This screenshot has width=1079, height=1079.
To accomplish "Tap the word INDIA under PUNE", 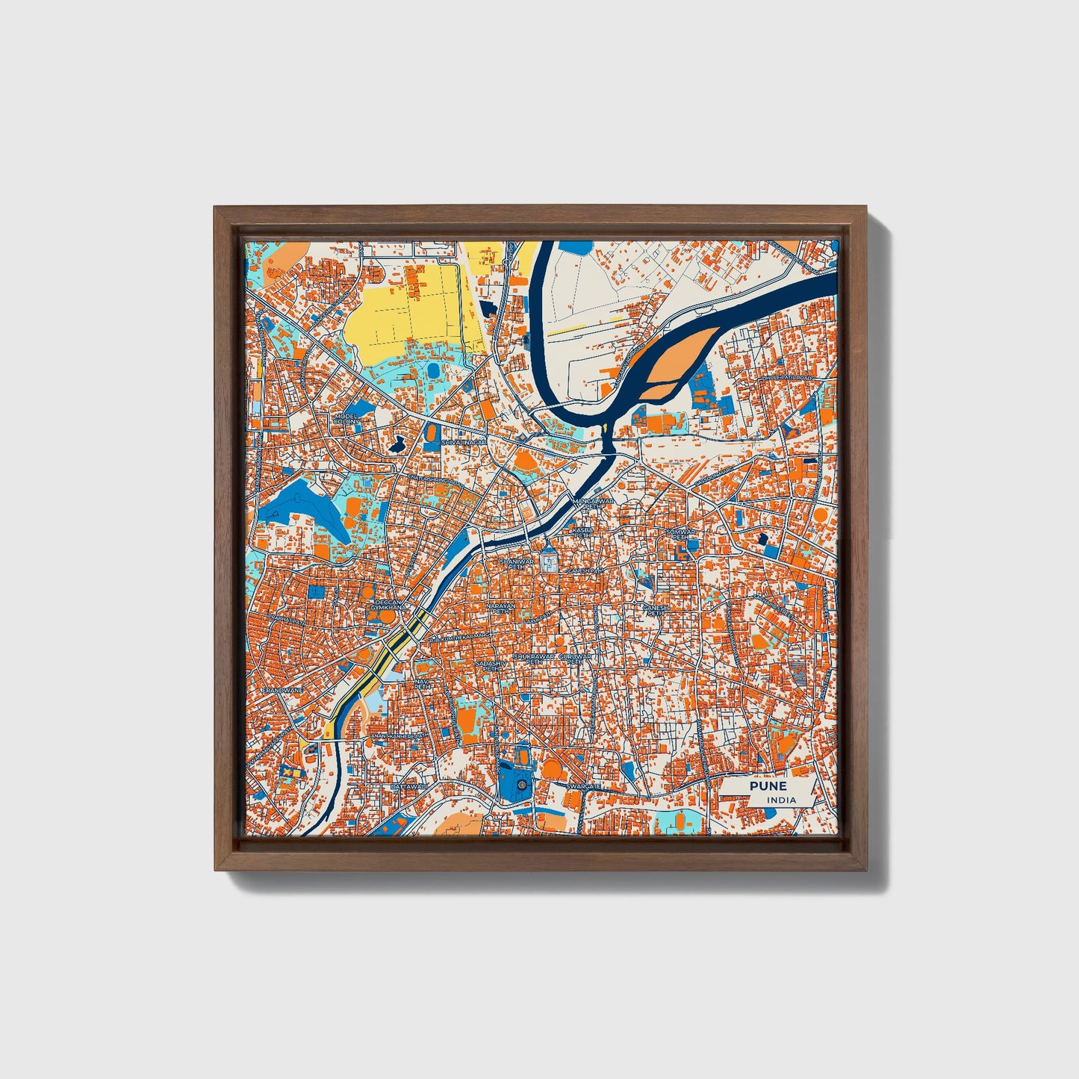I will pos(781,800).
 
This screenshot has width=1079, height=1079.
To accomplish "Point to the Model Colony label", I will pos(346,418).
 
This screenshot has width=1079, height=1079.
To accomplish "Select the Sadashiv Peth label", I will pos(491,665).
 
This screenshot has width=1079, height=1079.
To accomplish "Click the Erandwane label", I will pos(282,691).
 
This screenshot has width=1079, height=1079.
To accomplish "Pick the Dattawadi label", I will pos(408,786).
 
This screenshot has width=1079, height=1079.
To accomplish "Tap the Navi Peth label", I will pos(423,684).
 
